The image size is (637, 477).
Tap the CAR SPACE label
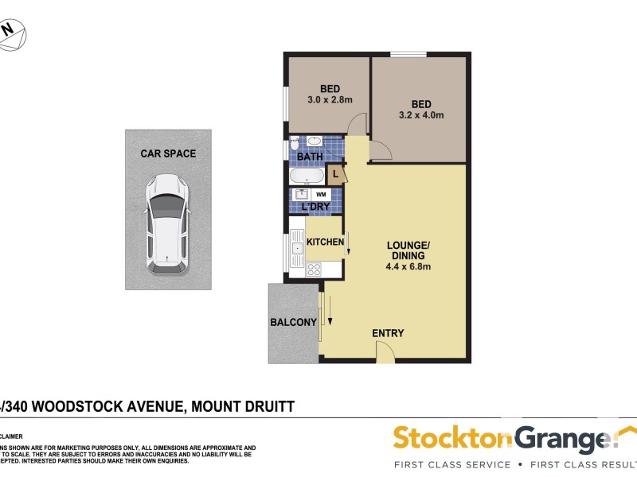coord(168,153)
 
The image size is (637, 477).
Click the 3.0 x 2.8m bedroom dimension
coord(330,99)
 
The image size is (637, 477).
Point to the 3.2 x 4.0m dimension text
coord(421,115)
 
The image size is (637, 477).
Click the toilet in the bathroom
coord(295,144)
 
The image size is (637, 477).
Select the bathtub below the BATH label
coord(307,175)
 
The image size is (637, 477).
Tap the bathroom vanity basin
coord(315,142)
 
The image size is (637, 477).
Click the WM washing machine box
coord(321,194)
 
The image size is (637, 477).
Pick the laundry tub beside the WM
coord(302,194)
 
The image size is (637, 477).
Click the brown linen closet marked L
coord(337,174)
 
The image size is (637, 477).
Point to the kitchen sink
coord(296,248)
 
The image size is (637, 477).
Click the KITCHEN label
coord(325,242)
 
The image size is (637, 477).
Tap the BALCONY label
coord(293,322)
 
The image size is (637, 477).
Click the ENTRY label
coord(388,333)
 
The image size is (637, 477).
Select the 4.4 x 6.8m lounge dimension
coord(408,267)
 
